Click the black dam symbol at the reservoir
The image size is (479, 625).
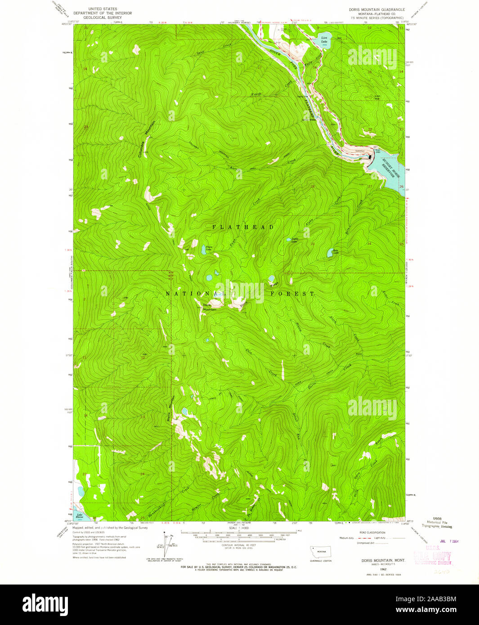click(x=370, y=157)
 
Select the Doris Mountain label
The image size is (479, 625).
click(x=209, y=308)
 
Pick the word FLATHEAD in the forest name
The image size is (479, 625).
click(x=243, y=228)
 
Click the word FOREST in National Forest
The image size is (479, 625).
click(x=292, y=294)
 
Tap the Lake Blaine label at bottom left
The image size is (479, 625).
click(x=79, y=516)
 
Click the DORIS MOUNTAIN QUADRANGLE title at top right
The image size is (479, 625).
click(x=376, y=9)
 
